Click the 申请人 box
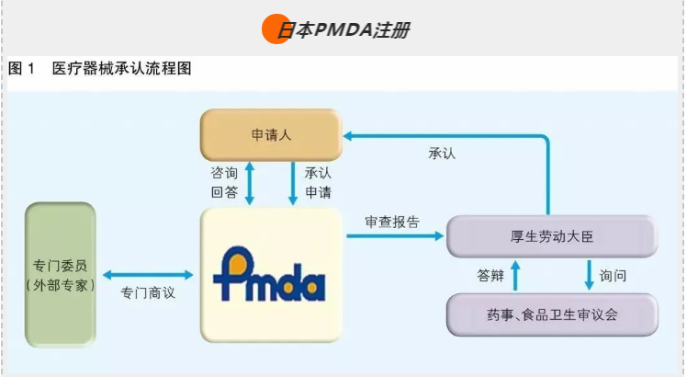pyautogui.click(x=271, y=135)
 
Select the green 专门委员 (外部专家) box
pyautogui.click(x=61, y=273)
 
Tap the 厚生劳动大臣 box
pyautogui.click(x=552, y=237)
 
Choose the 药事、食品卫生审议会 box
pyautogui.click(x=552, y=314)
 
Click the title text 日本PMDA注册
pyautogui.click(x=343, y=30)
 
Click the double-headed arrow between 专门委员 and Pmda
pyautogui.click(x=148, y=274)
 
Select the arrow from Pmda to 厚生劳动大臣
pyautogui.click(x=394, y=236)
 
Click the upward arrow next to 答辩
pyautogui.click(x=515, y=275)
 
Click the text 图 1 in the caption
pyautogui.click(x=22, y=69)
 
